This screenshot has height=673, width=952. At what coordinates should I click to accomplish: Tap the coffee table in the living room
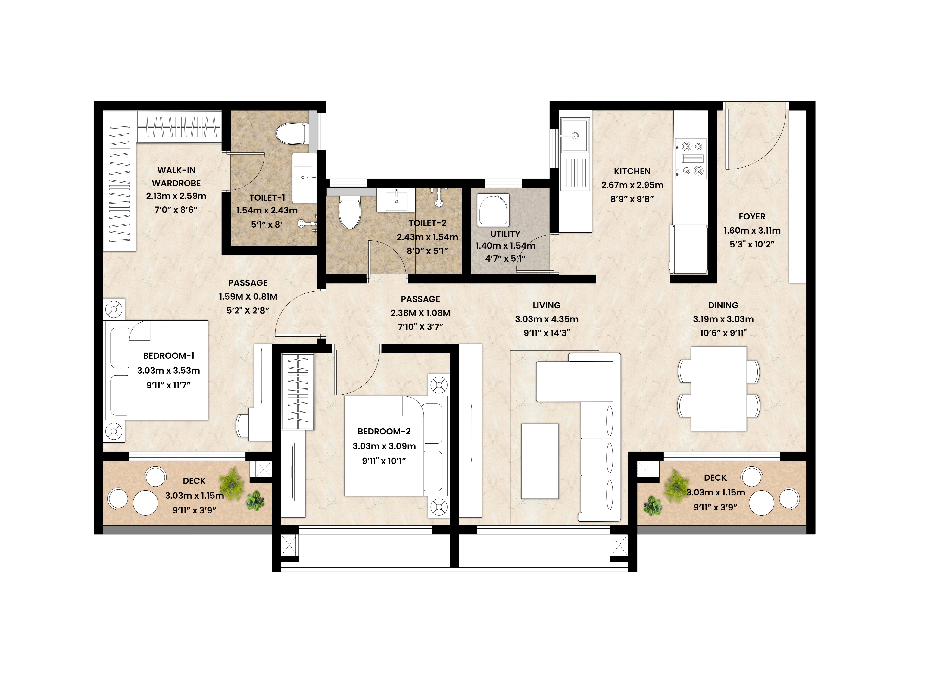click(x=540, y=461)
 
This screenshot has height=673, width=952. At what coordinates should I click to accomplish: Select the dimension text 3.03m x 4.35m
click(x=547, y=319)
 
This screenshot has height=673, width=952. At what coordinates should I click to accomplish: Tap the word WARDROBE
click(x=176, y=183)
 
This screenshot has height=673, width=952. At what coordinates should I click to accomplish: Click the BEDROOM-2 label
click(x=384, y=431)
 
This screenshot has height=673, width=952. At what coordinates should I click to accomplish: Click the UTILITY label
click(x=505, y=234)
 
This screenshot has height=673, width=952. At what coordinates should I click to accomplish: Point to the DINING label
click(x=723, y=305)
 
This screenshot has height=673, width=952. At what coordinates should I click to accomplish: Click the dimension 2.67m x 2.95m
click(x=632, y=185)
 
